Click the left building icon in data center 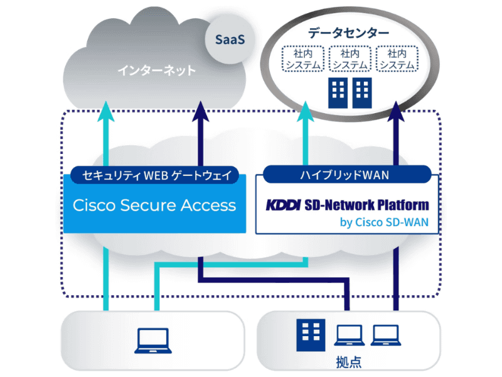coord(338,92)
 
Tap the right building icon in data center coord(363,92)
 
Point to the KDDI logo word coord(284,205)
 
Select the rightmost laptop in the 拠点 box coord(385,334)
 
